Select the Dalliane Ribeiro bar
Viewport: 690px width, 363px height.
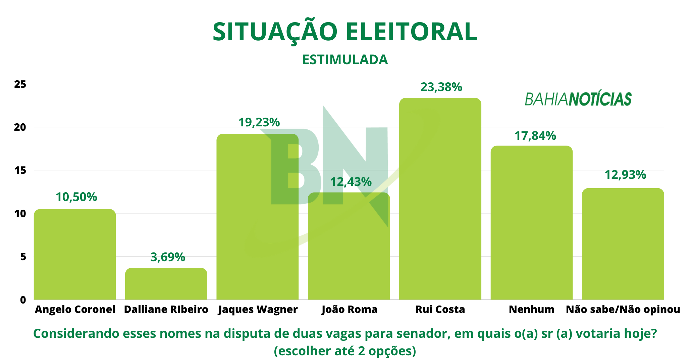tap(166, 284)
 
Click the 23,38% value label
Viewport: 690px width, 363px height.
tap(441, 87)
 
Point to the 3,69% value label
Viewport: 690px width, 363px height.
tap(168, 257)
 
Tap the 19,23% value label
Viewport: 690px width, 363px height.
tap(259, 122)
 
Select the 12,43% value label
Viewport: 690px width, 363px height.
tap(351, 182)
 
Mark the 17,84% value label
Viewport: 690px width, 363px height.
tap(535, 136)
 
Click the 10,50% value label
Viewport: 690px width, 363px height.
tap(76, 197)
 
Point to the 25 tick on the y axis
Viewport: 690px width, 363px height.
tap(20, 84)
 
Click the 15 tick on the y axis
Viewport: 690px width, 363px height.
tap(20, 170)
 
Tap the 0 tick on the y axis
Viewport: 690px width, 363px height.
tap(23, 299)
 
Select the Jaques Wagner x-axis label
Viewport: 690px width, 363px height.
tap(258, 309)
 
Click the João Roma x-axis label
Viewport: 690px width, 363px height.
tap(350, 309)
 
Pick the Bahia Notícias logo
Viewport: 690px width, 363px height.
tap(578, 99)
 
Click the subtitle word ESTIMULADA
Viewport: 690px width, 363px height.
tap(345, 60)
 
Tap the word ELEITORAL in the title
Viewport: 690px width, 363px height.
tap(411, 32)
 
